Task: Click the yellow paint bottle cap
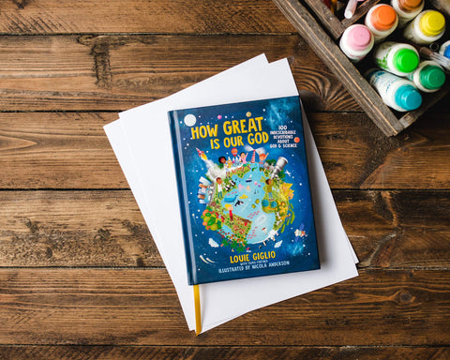point(432,22)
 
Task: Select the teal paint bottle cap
point(408,96)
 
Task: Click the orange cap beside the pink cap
point(382,15)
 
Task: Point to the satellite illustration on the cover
point(299,232)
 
